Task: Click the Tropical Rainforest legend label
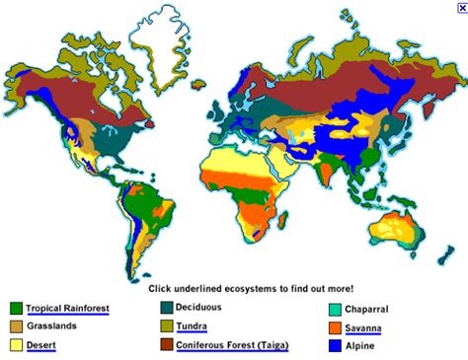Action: tap(67, 308)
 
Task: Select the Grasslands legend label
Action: tap(51, 325)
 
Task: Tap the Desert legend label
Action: tap(40, 345)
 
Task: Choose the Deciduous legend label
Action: tap(200, 308)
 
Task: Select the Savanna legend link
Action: tap(365, 326)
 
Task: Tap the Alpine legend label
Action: tap(360, 345)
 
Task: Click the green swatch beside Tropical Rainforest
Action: tap(16, 309)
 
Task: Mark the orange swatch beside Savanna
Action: tap(337, 327)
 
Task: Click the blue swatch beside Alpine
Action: tap(337, 346)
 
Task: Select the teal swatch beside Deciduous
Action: tap(166, 308)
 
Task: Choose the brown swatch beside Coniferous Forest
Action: tap(166, 346)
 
